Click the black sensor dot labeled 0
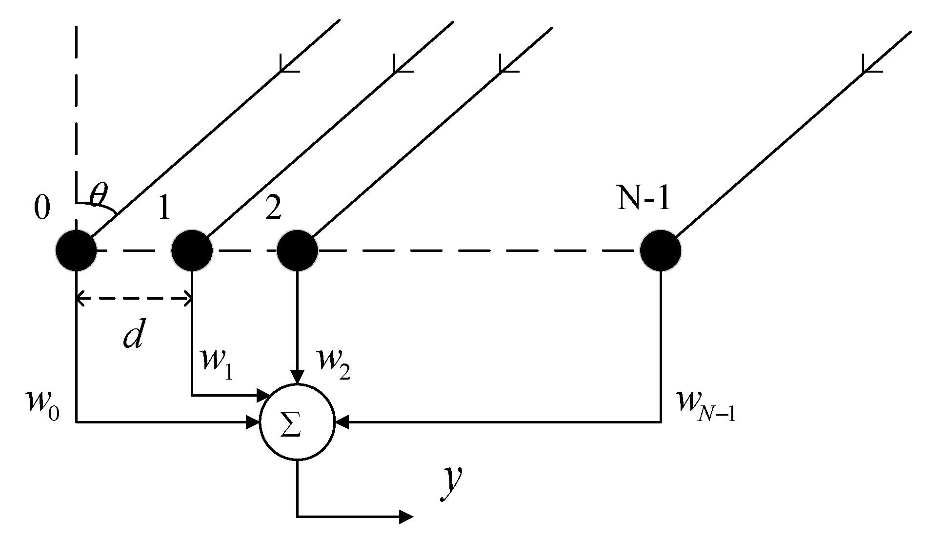pyautogui.click(x=76, y=251)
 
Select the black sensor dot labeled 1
pyautogui.click(x=192, y=251)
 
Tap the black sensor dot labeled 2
pyautogui.click(x=298, y=251)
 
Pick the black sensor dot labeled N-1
pyautogui.click(x=661, y=251)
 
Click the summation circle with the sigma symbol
pyautogui.click(x=297, y=422)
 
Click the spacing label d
pyautogui.click(x=133, y=335)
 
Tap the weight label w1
pyautogui.click(x=216, y=364)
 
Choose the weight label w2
pyautogui.click(x=333, y=364)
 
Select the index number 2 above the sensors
pyautogui.click(x=273, y=209)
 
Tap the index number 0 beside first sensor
pyautogui.click(x=42, y=209)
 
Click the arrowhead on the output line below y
pyautogui.click(x=405, y=517)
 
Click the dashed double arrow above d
pyautogui.click(x=134, y=299)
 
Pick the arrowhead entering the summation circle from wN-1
pyautogui.click(x=342, y=422)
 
